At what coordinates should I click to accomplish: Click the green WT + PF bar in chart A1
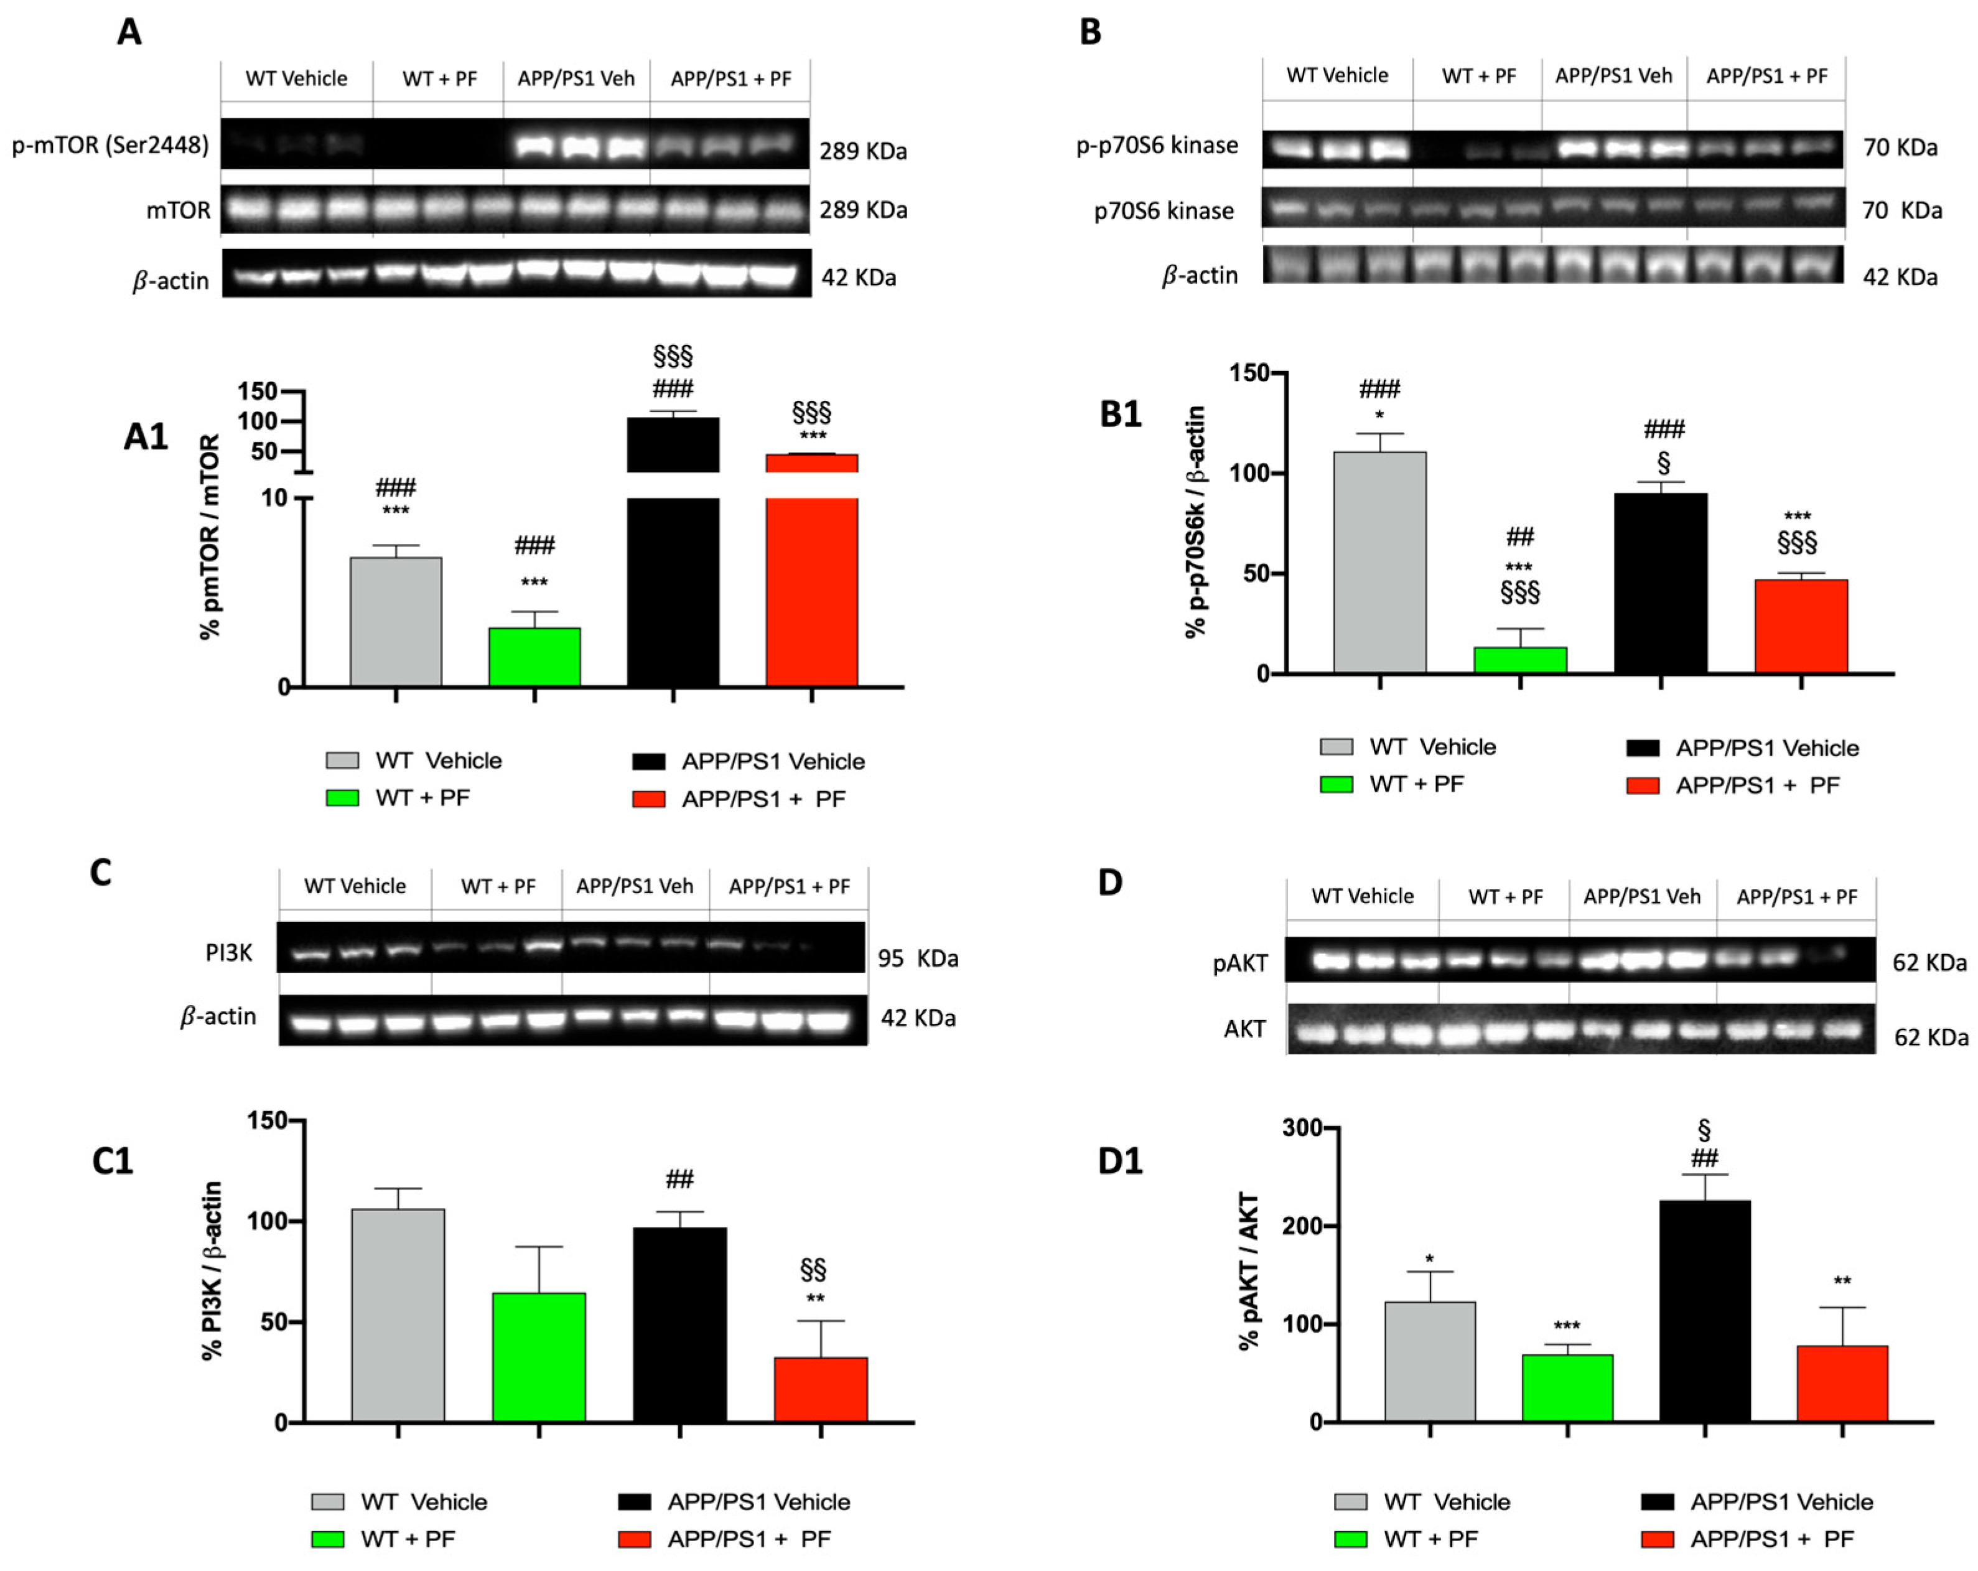[x=534, y=657]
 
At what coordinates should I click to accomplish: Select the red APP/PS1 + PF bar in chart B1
[x=1800, y=627]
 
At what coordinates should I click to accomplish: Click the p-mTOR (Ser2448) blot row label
[x=110, y=145]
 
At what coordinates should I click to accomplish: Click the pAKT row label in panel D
[x=1241, y=964]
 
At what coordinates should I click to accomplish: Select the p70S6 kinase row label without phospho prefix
[x=1164, y=211]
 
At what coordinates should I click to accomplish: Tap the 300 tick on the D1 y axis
[x=1303, y=1128]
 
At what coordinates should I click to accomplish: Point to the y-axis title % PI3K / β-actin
[x=212, y=1271]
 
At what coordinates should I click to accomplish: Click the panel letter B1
[x=1120, y=415]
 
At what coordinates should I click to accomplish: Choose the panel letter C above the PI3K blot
[x=101, y=873]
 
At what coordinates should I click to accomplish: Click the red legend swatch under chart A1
[x=648, y=799]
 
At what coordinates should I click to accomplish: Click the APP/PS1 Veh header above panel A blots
[x=576, y=79]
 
